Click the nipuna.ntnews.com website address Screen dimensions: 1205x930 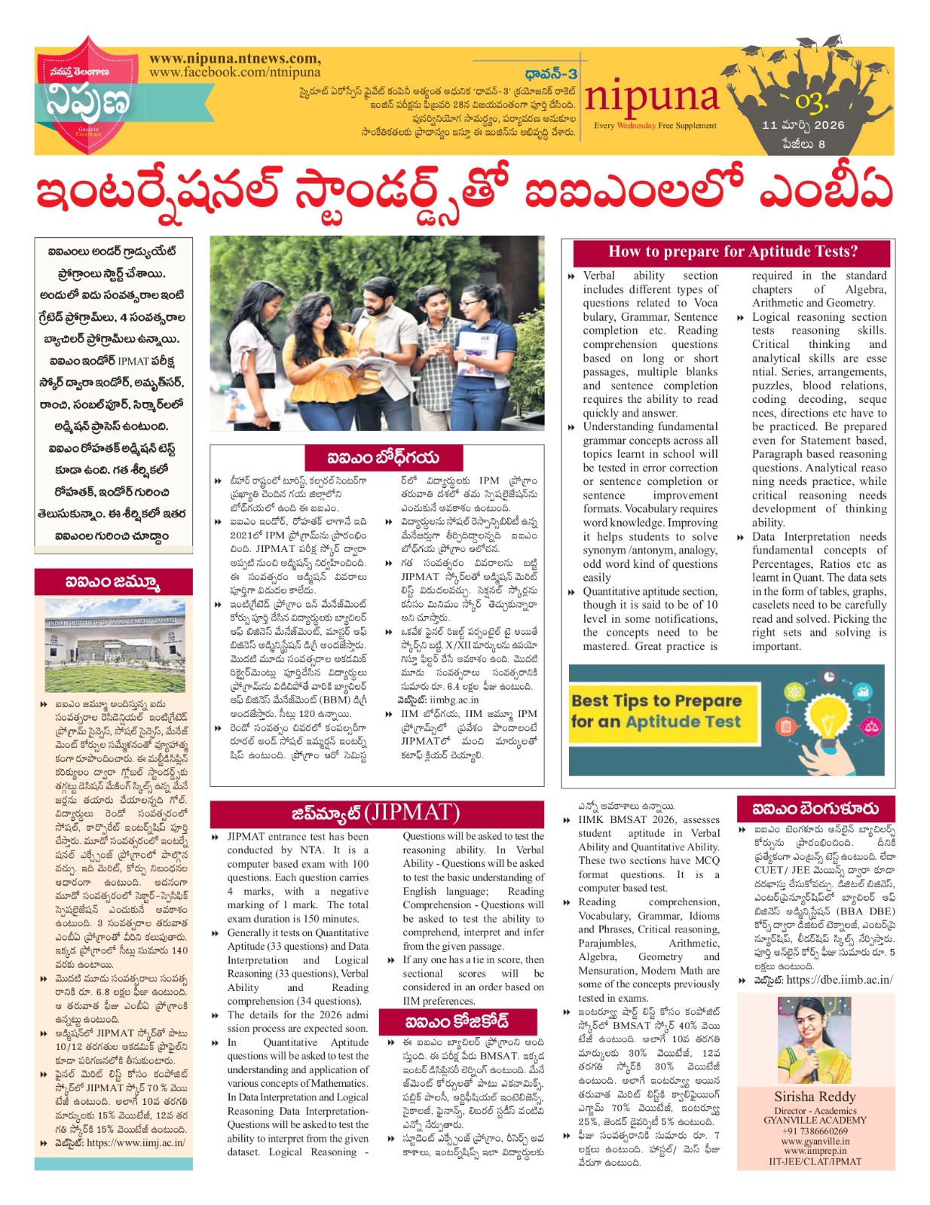234,59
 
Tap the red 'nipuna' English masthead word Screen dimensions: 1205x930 652,97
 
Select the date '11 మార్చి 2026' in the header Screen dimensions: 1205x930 803,125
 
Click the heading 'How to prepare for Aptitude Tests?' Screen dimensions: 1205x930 732,252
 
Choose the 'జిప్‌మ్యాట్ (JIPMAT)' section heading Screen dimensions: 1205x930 375,813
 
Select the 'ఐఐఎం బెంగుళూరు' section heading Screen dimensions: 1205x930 815,809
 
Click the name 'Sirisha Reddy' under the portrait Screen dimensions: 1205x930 815,1096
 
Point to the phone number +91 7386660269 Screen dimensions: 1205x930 815,1130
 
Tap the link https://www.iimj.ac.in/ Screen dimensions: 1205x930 136,1142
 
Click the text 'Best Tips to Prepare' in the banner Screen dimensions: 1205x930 656,700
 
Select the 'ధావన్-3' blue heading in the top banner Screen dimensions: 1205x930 551,74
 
